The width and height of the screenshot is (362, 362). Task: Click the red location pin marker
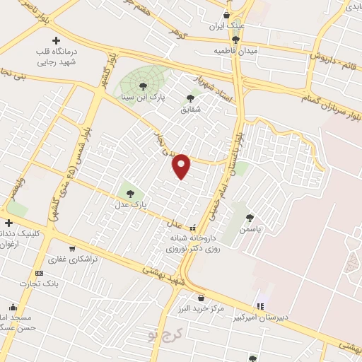[x=182, y=166]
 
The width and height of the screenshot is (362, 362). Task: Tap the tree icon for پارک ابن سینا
[x=143, y=86]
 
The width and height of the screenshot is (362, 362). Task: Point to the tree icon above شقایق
[x=190, y=98]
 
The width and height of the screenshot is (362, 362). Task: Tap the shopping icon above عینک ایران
[x=226, y=15]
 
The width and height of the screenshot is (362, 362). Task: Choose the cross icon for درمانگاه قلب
[x=56, y=40]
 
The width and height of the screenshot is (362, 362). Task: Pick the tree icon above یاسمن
[x=250, y=218]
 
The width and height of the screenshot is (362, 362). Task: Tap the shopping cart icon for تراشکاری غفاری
[x=72, y=248]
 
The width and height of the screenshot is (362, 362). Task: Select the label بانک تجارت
[x=40, y=284]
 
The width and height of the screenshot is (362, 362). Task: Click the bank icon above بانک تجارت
[x=39, y=273]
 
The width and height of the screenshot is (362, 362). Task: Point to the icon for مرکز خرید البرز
[x=202, y=298]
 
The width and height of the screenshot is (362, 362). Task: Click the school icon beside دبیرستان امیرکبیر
[x=259, y=306]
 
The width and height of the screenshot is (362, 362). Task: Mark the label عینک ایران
[x=226, y=26]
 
